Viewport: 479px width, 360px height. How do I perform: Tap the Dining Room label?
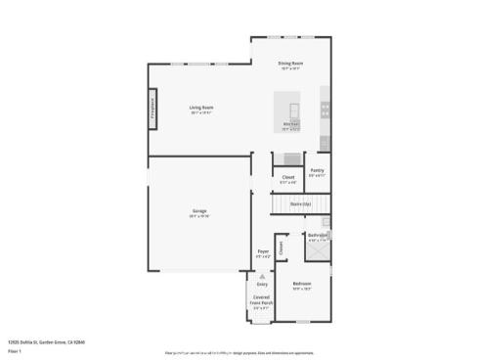(290, 65)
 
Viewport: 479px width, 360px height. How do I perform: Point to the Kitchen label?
(290, 124)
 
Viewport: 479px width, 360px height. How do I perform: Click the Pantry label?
(317, 170)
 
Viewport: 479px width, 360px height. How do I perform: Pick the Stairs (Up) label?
(300, 203)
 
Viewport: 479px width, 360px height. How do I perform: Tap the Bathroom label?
(319, 235)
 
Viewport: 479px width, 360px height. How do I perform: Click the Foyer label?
(263, 251)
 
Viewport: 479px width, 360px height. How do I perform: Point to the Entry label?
(262, 284)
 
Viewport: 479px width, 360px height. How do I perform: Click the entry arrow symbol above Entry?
(262, 276)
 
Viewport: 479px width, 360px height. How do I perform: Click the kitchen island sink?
(292, 108)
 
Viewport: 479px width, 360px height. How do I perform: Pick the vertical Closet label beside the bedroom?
(281, 247)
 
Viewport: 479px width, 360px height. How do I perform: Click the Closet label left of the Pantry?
(288, 177)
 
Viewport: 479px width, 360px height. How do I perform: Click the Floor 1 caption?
(15, 349)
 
